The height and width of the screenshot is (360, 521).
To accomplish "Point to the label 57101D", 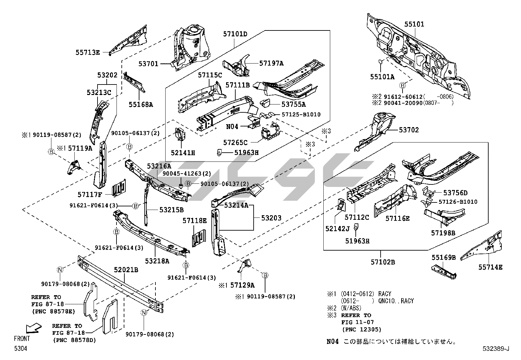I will pos(235,34).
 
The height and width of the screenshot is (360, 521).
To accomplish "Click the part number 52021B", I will pos(126,270).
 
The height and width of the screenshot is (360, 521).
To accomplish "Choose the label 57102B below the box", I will pos(383,262).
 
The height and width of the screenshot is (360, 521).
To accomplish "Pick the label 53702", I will pos(409,130).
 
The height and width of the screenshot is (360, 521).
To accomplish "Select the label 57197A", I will pos(271,64).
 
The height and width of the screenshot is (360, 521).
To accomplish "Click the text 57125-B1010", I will pos(301,114).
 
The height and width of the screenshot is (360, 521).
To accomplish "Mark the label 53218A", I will pos(157,261).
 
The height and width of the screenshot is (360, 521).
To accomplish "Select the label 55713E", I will pos(87,52).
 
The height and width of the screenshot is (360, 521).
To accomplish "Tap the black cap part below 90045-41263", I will pos(180,186).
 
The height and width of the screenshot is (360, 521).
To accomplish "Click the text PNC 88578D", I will pos(75,340).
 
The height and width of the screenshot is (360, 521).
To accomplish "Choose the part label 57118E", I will pos(194,221).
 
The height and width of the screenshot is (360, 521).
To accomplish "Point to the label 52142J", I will pos(337,228).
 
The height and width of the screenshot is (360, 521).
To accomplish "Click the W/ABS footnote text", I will pos(351,308).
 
